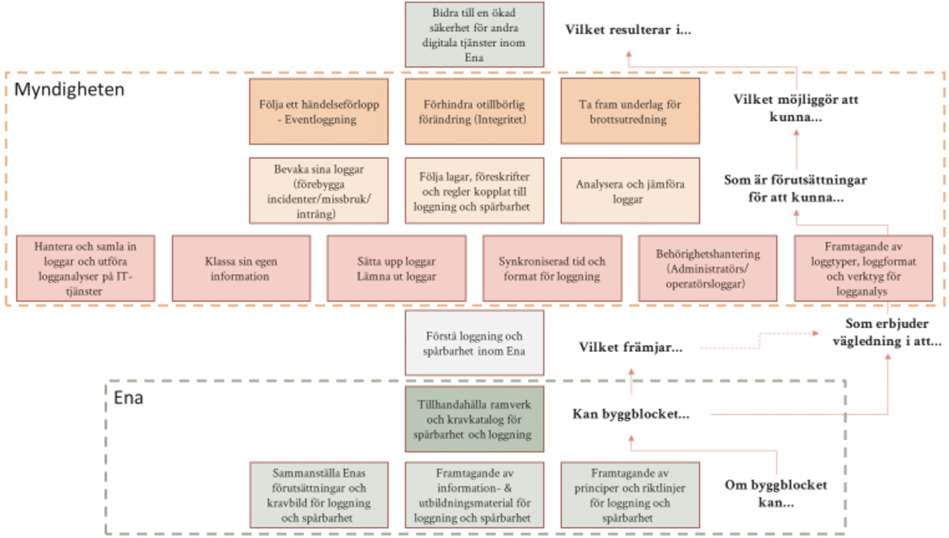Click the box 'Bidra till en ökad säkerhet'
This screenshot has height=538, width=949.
pyautogui.click(x=474, y=34)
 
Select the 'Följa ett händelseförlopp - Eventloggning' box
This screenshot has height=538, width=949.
pyautogui.click(x=319, y=112)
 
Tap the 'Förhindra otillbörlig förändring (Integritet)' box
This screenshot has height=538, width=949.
pyautogui.click(x=474, y=112)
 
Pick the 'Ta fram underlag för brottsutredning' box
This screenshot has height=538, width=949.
pyautogui.click(x=630, y=112)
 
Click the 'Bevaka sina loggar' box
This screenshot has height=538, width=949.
pyautogui.click(x=319, y=190)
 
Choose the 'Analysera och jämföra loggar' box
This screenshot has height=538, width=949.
pyautogui.click(x=630, y=190)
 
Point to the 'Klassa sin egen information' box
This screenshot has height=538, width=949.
pyautogui.click(x=241, y=268)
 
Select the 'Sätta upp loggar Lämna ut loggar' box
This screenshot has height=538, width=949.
pyautogui.click(x=396, y=268)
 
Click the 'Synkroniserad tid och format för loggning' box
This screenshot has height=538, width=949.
pyautogui.click(x=552, y=268)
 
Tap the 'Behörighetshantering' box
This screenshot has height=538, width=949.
pyautogui.click(x=707, y=268)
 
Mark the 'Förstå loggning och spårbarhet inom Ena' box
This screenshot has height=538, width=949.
pyautogui.click(x=474, y=343)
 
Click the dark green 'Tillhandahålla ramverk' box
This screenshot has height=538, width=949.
pyautogui.click(x=474, y=419)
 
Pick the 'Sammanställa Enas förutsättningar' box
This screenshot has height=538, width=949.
pyautogui.click(x=319, y=495)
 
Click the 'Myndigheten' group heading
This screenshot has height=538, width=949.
pyautogui.click(x=70, y=90)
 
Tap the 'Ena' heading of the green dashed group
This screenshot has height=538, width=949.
pyautogui.click(x=128, y=398)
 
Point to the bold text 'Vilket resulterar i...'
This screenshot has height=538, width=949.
pyautogui.click(x=628, y=30)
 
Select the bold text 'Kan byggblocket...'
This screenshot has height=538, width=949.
pyautogui.click(x=631, y=414)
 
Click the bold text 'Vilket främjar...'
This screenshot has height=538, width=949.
pyautogui.click(x=631, y=348)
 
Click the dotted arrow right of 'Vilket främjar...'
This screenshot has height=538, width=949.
pyautogui.click(x=759, y=341)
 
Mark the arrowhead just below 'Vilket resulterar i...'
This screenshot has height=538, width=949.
pyautogui.click(x=629, y=54)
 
